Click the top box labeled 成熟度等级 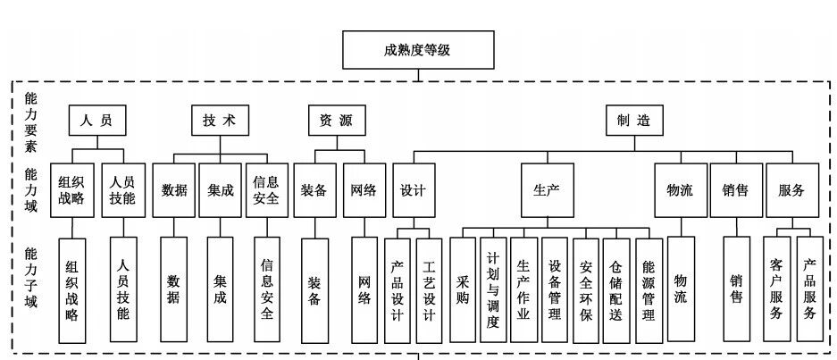[417, 50]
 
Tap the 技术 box [219, 121]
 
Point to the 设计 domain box [413, 190]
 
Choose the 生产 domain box [547, 190]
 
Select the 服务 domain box [791, 190]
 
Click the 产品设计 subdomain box [398, 291]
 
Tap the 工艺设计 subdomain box [429, 291]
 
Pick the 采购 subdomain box [462, 291]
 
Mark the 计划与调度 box [492, 291]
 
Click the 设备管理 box [555, 291]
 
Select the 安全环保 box [586, 291]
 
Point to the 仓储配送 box [617, 291]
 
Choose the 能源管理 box [649, 291]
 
